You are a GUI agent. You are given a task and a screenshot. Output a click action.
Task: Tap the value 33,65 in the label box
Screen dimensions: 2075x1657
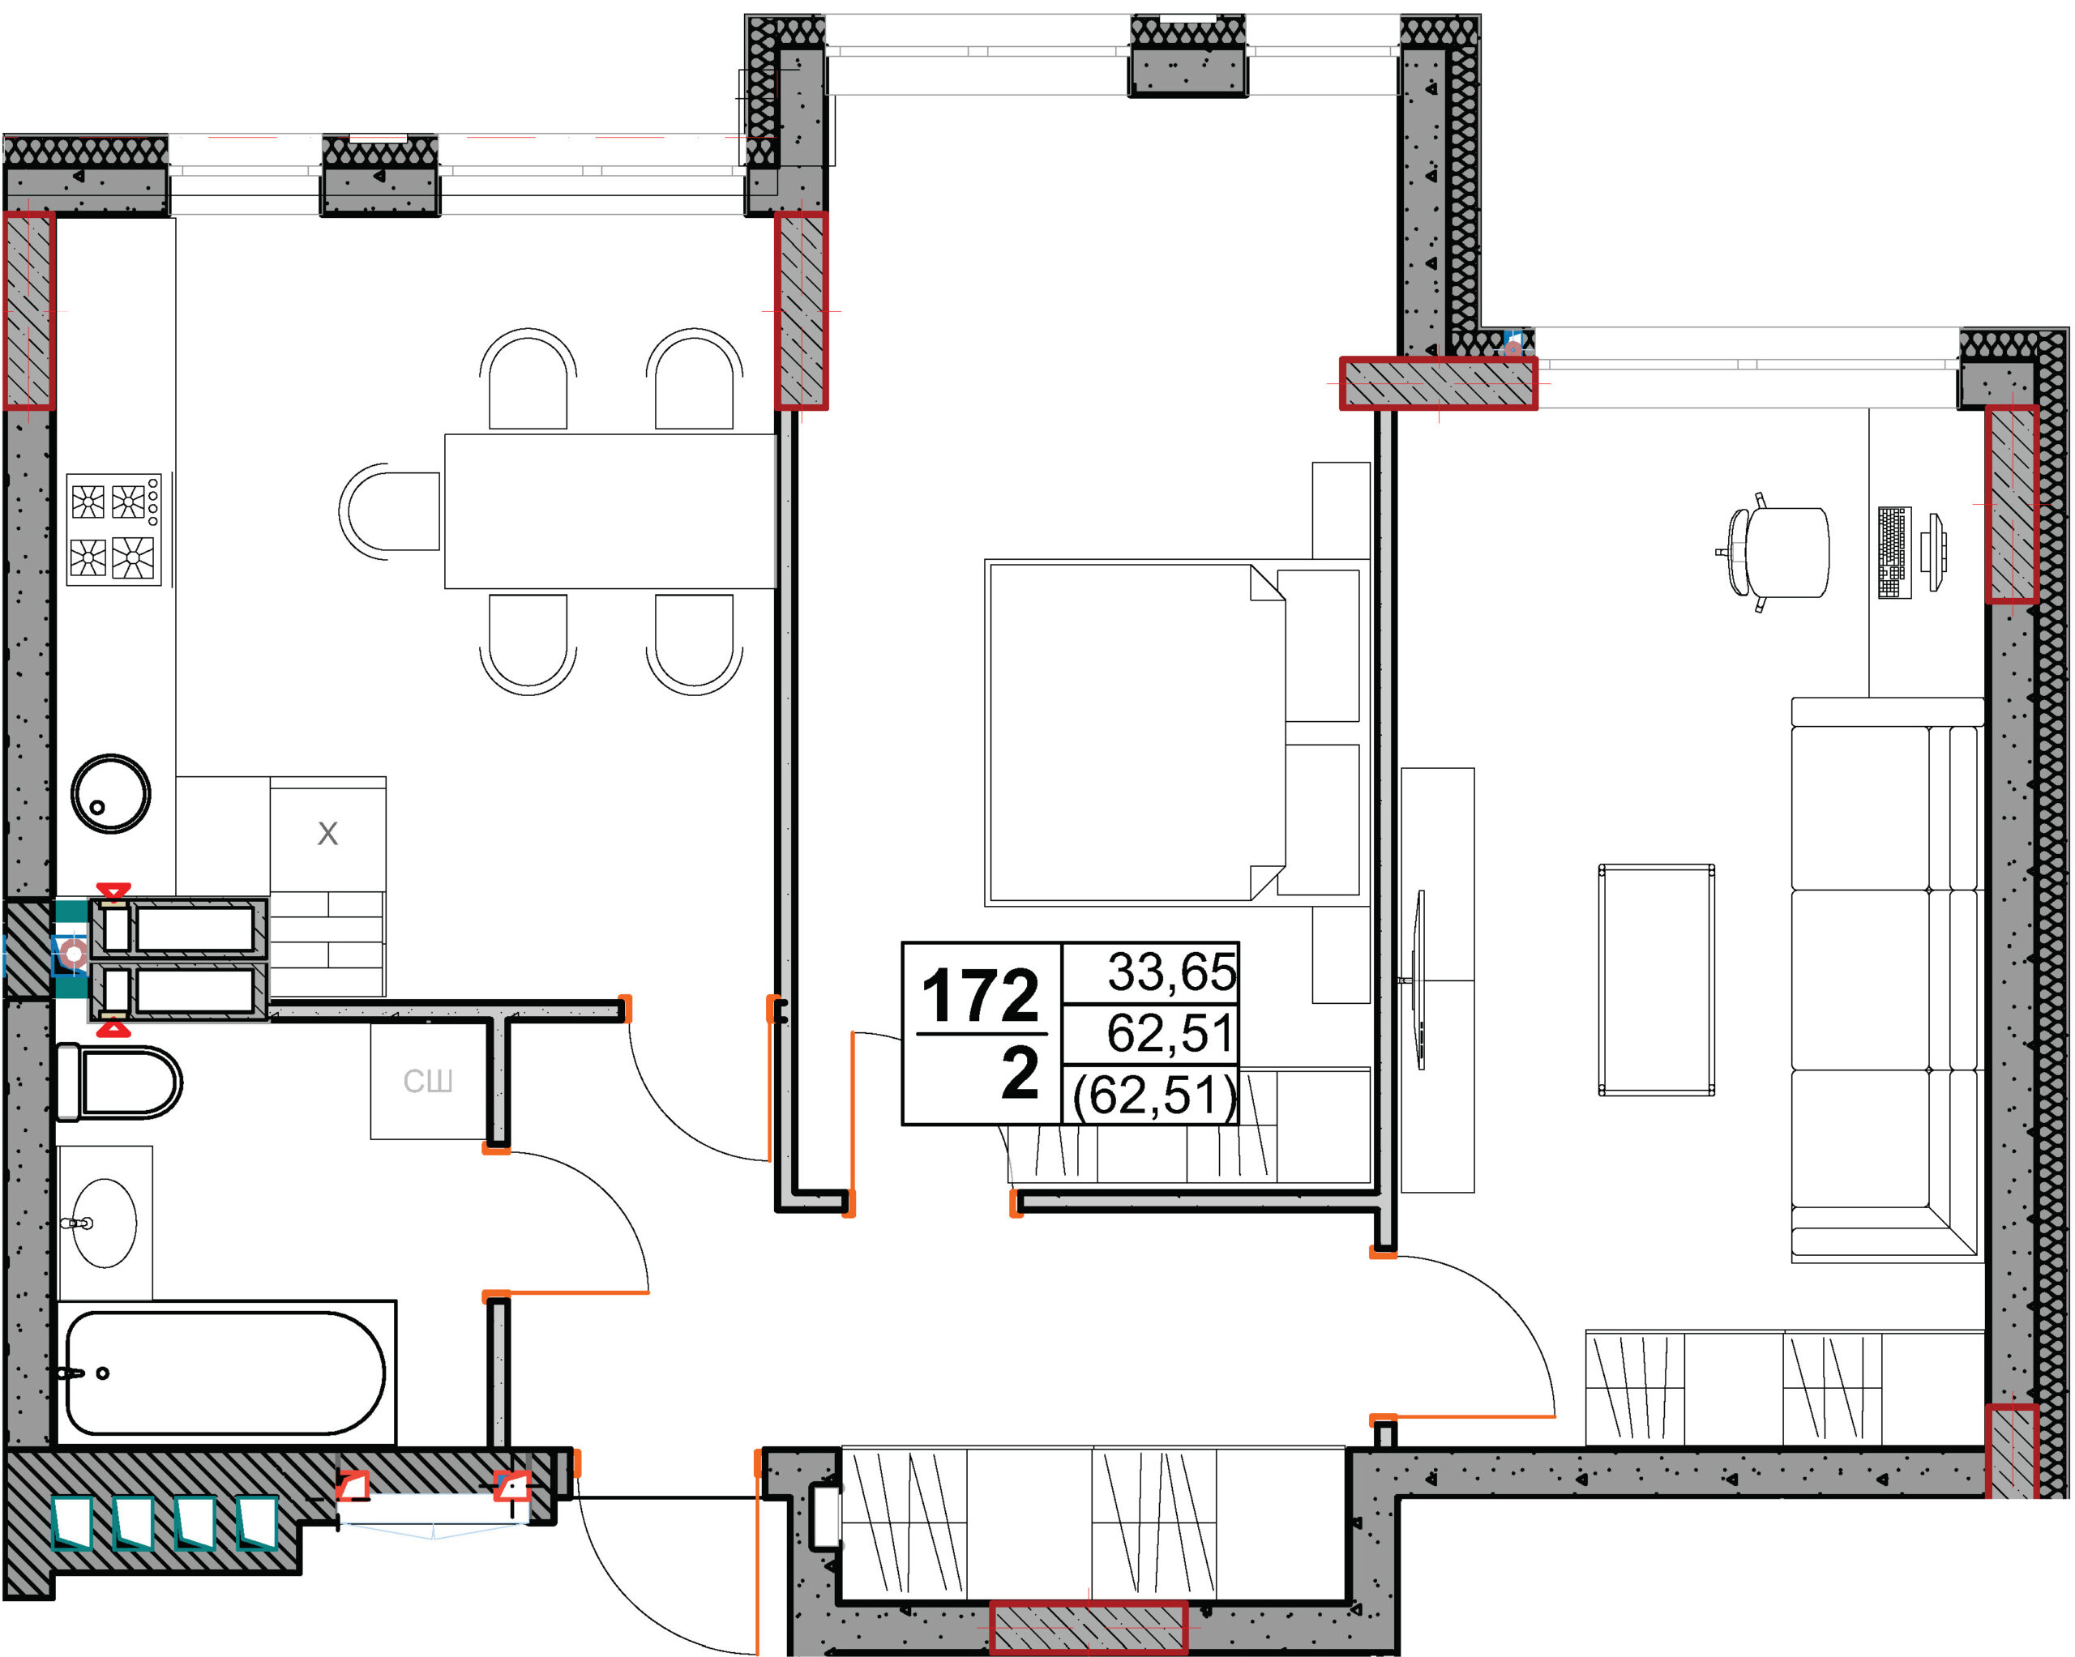pyautogui.click(x=1171, y=972)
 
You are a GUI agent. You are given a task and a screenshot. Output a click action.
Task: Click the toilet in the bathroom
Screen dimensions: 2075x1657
pyautogui.click(x=119, y=1083)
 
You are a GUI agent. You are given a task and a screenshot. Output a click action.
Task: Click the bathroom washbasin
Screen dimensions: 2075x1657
pyautogui.click(x=104, y=1223)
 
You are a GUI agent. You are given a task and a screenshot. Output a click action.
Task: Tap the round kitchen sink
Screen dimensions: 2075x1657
pyautogui.click(x=111, y=794)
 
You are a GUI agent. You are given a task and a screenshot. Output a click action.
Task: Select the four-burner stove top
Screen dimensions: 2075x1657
pyautogui.click(x=113, y=529)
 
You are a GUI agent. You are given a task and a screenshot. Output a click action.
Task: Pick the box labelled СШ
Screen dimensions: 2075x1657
pyautogui.click(x=427, y=1081)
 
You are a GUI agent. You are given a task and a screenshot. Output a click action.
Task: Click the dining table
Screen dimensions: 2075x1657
pyautogui.click(x=610, y=511)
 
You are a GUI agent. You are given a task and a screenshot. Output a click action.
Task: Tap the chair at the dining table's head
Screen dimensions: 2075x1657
pyautogui.click(x=390, y=511)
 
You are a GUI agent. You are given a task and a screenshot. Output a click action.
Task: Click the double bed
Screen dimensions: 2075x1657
pyautogui.click(x=1177, y=733)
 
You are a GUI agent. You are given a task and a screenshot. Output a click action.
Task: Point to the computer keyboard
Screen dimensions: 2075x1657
pyautogui.click(x=1895, y=553)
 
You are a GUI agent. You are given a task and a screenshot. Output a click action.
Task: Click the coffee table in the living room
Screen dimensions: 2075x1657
pyautogui.click(x=1656, y=980)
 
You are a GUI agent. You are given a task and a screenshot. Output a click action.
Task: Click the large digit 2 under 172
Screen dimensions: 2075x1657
pyautogui.click(x=1020, y=1073)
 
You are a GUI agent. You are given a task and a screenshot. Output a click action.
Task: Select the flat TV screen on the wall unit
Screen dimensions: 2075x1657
pyautogui.click(x=1421, y=980)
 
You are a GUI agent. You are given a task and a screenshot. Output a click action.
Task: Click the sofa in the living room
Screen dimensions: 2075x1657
pyautogui.click(x=1887, y=980)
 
